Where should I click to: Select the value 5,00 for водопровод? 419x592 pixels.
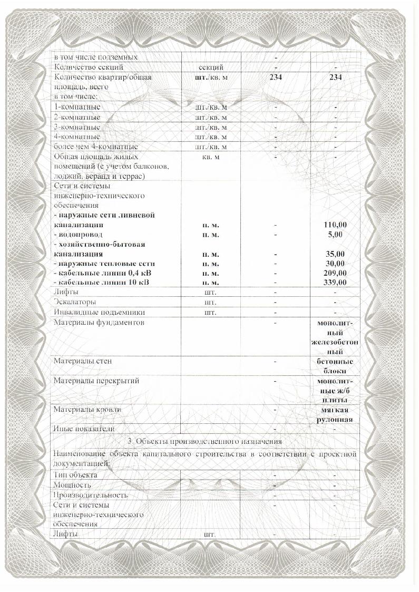point(335,234)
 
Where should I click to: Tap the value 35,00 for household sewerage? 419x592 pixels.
point(335,254)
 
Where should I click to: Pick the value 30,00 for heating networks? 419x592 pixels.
point(335,263)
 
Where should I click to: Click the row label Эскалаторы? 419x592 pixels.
point(75,302)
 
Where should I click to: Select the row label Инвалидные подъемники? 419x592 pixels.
point(92,312)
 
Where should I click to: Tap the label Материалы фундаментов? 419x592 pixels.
point(99,322)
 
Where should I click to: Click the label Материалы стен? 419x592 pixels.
point(83,361)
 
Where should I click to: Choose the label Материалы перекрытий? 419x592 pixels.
point(96,381)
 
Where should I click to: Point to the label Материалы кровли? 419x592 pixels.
point(87,409)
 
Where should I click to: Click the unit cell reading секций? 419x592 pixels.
point(211,67)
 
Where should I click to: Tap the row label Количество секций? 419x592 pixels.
point(89,67)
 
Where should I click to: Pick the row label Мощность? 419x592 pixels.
point(72,484)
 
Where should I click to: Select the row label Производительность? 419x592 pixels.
point(90,495)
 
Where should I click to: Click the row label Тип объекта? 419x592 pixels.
point(75,474)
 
